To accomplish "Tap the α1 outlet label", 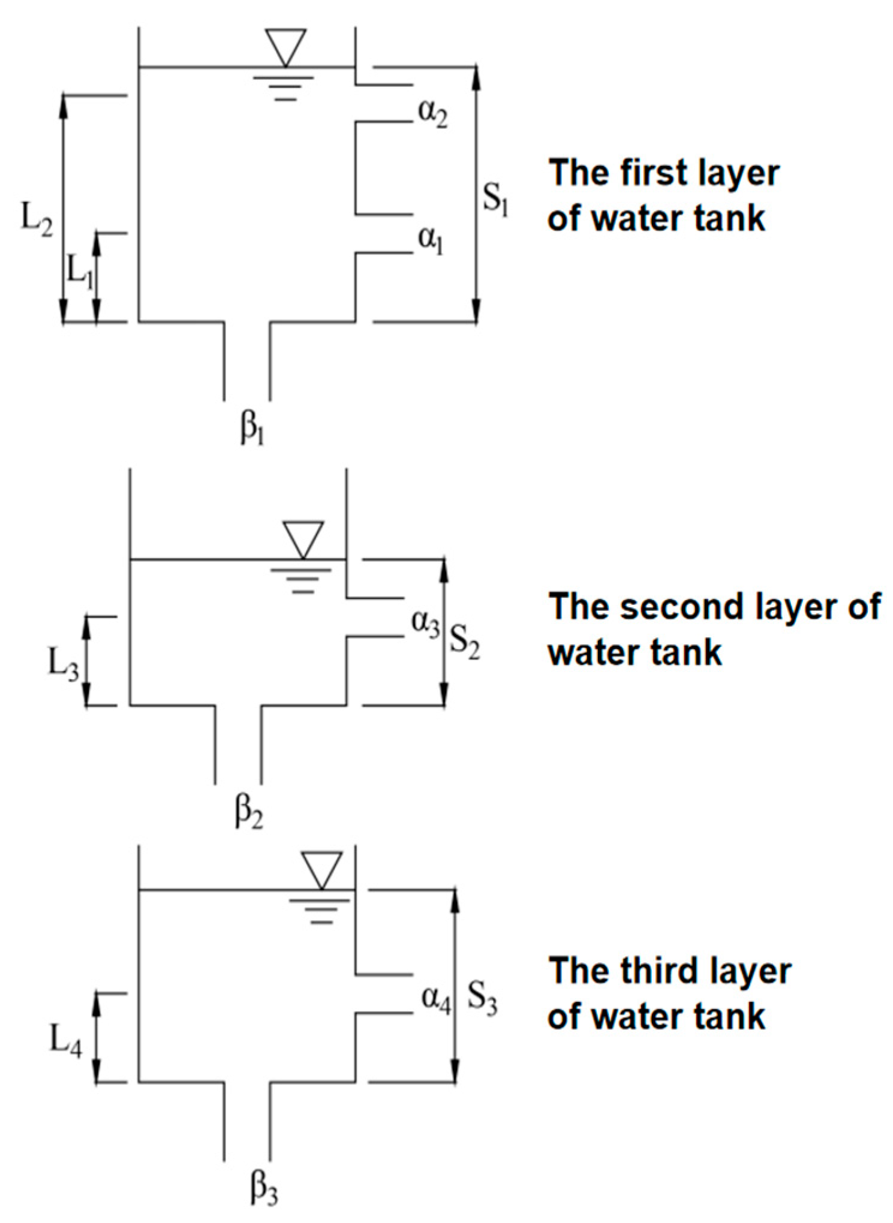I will point(431,240).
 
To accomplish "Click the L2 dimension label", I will point(37,219).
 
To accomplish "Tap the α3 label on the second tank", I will point(425,623).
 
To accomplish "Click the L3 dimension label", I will point(63,665).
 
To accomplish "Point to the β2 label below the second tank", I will point(249,812).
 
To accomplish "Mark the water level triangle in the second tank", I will point(303,539).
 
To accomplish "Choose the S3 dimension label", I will point(482,998).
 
